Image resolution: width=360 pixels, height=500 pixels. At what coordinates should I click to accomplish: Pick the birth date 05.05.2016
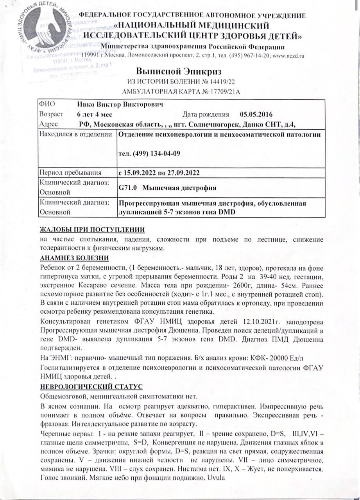[256, 115]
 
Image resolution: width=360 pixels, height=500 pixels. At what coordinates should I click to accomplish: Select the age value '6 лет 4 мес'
[95, 115]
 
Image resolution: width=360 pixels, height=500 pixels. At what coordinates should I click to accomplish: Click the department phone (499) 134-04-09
[149, 154]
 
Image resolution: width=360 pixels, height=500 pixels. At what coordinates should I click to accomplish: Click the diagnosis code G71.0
[128, 188]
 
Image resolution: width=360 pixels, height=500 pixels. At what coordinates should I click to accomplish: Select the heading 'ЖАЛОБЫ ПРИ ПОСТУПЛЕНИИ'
[92, 229]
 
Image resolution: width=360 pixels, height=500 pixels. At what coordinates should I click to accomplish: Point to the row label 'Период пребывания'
[70, 172]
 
